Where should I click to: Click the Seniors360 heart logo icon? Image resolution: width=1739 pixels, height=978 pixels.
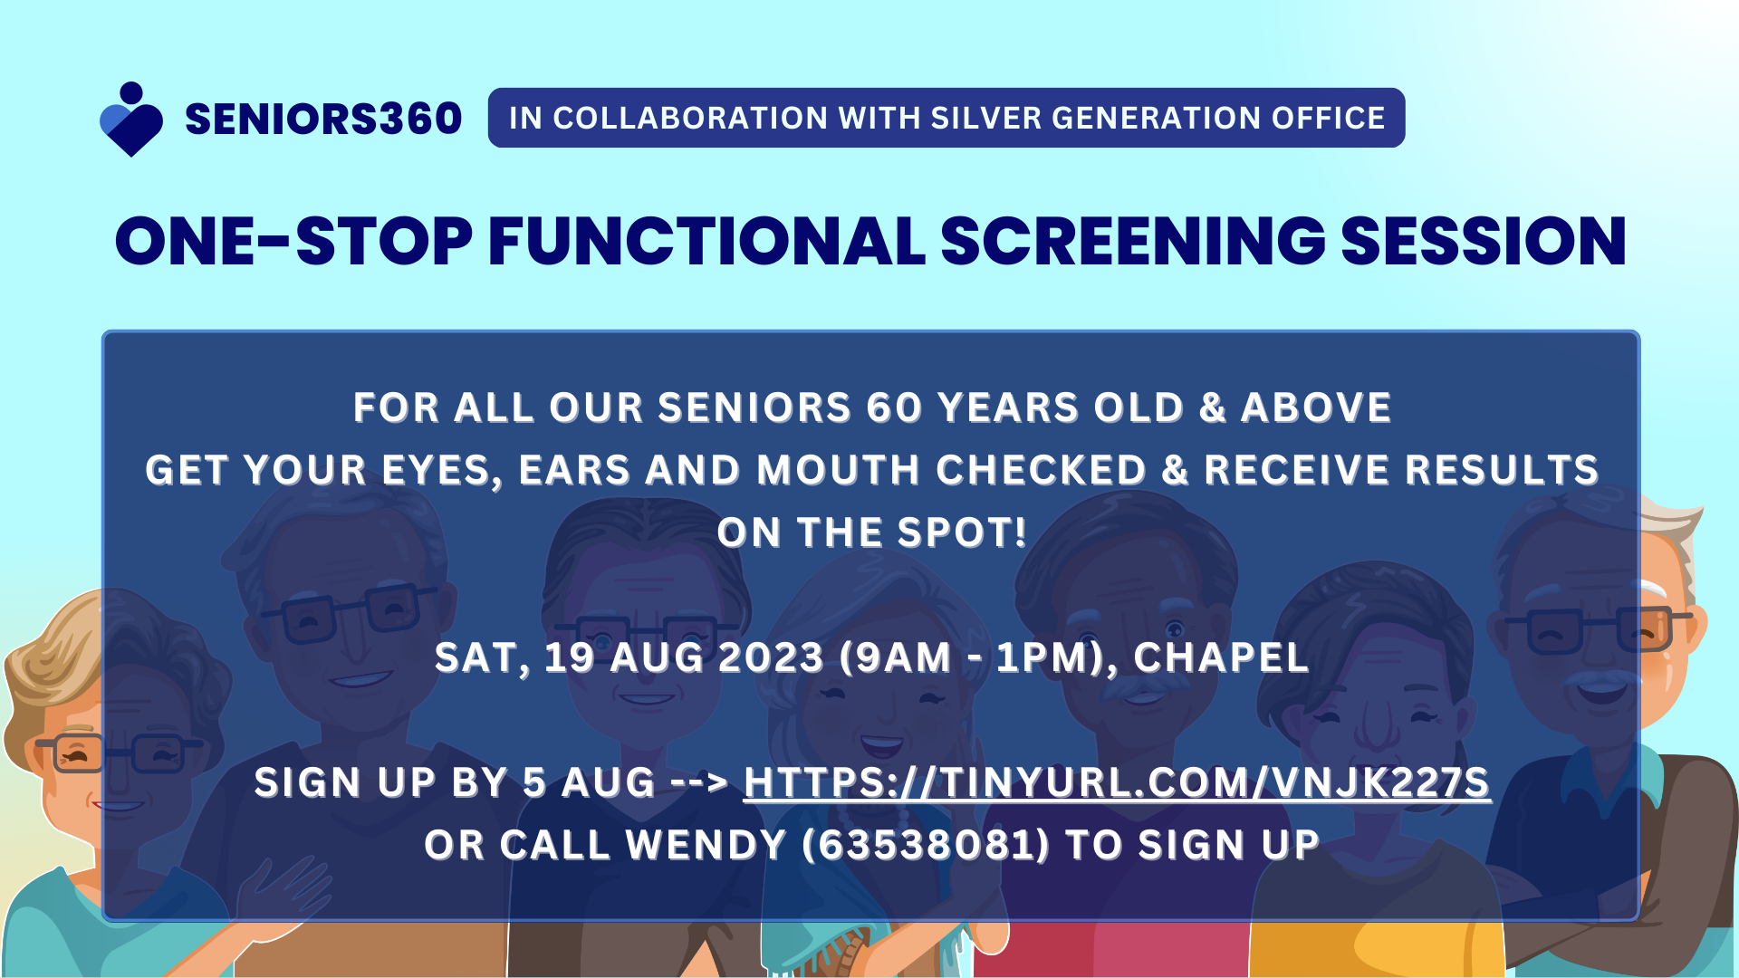(131, 120)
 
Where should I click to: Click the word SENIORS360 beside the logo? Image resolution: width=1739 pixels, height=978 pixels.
(323, 120)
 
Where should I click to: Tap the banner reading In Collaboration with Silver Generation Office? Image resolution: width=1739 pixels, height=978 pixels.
(946, 118)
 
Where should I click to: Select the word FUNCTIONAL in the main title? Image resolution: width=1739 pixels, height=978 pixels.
(706, 242)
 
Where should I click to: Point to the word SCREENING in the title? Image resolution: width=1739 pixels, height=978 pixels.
(1133, 242)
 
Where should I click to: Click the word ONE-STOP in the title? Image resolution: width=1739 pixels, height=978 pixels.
(293, 242)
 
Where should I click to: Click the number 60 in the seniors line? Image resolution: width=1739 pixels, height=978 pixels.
(894, 407)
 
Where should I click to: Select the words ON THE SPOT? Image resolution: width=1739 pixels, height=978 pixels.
(872, 532)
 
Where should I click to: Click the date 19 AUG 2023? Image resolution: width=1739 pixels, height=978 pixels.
(685, 657)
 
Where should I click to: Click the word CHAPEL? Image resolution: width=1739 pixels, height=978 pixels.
(1221, 657)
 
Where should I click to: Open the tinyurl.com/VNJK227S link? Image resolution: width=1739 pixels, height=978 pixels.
(1117, 783)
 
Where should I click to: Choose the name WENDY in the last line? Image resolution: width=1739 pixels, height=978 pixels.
(706, 845)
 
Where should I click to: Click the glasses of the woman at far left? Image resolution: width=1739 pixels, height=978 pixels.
(118, 753)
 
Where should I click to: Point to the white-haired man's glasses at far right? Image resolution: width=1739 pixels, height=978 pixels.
(1599, 629)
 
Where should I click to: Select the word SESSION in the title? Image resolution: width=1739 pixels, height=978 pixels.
(1484, 242)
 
